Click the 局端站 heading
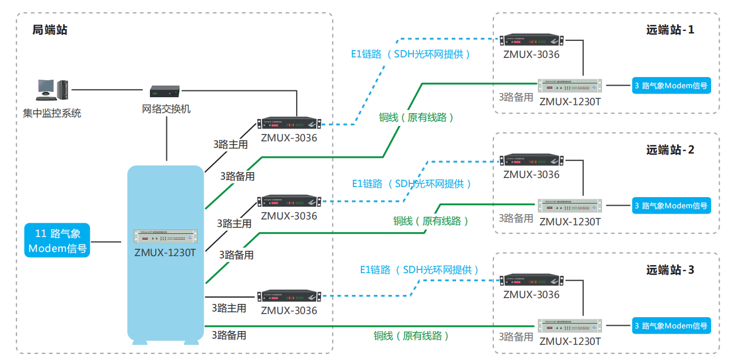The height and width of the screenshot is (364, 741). coord(50,30)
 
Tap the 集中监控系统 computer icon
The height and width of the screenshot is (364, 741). coord(52,90)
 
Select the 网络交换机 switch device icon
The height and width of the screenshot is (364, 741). coord(165,91)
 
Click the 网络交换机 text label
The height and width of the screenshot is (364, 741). coord(166,109)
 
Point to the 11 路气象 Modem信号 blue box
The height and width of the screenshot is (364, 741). coord(57,241)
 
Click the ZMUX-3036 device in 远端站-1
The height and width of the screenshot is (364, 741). coord(532,40)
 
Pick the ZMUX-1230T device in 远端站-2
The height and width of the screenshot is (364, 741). coord(570,205)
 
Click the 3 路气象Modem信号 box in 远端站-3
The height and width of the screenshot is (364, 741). coord(671,326)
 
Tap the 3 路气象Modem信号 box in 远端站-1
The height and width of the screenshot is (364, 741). coord(671,85)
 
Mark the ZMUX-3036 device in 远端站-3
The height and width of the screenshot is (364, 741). coord(532,281)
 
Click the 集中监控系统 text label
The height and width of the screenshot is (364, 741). coord(52,113)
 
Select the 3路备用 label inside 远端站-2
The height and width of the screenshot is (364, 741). coord(516,218)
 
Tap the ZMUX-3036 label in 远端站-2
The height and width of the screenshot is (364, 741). coord(532,174)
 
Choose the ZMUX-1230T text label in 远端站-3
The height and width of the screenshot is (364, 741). coord(570,341)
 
